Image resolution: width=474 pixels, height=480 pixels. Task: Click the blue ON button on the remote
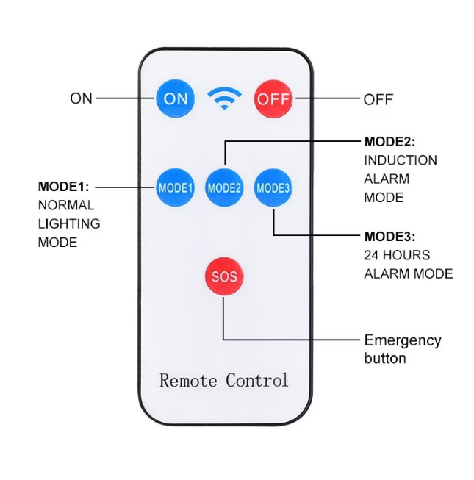coord(176,98)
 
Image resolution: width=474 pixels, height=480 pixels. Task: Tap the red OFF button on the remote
coord(273,98)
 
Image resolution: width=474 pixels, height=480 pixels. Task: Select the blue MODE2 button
coord(224,187)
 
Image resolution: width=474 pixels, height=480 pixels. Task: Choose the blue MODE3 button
coord(273,187)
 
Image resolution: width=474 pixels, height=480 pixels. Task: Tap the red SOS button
coord(224,276)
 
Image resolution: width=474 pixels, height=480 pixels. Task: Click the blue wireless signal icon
coord(224,98)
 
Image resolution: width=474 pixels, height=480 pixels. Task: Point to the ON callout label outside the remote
coord(82,98)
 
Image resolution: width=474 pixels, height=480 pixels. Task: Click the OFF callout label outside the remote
coord(378,99)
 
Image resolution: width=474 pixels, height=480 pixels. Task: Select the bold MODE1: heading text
coord(63,187)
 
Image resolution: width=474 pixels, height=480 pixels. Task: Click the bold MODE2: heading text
coord(389,142)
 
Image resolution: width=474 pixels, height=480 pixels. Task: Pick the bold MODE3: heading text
coord(389,237)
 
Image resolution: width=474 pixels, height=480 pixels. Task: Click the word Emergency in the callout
coord(403,341)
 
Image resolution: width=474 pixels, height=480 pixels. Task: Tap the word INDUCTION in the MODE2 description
coord(401,160)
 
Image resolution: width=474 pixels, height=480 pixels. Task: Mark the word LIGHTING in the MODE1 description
coord(69,223)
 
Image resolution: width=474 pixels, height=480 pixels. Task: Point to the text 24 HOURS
coord(397,255)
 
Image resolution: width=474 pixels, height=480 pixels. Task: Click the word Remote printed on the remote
coord(188,381)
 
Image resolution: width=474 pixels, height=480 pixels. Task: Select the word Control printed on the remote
coord(257,381)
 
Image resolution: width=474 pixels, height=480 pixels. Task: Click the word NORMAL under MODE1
coord(66,205)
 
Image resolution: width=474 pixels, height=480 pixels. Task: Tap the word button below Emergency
coord(385,359)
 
